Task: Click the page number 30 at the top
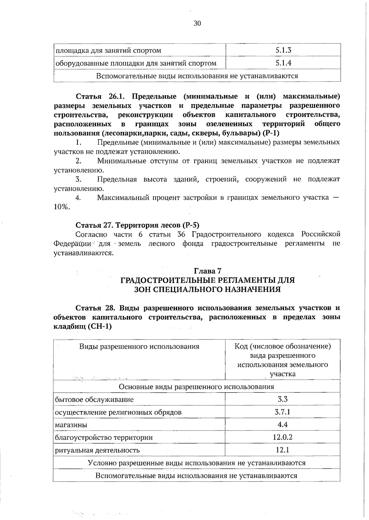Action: (197, 23)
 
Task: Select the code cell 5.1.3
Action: (283, 50)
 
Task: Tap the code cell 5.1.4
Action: (283, 63)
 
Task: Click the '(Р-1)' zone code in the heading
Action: (271, 133)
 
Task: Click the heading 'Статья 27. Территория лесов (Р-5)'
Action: (137, 225)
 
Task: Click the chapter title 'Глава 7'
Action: (208, 271)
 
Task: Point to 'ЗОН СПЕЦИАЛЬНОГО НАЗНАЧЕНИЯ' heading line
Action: (208, 289)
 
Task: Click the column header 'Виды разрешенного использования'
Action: (139, 347)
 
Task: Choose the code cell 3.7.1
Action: (283, 412)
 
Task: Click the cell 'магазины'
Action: (71, 425)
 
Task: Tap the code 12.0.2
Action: (283, 437)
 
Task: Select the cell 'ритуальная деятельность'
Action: (97, 450)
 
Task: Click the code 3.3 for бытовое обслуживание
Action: (283, 399)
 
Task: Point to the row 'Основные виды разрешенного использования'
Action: (196, 387)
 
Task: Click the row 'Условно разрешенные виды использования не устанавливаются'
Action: (196, 463)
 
